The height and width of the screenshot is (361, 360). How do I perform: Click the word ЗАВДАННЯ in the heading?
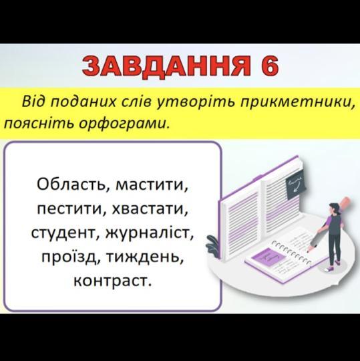click(x=166, y=67)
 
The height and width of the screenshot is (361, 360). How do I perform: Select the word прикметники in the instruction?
click(x=297, y=102)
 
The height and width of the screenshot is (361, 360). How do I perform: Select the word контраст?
click(x=113, y=281)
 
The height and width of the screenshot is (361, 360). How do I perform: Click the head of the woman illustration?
click(x=333, y=208)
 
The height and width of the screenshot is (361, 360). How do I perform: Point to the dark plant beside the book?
click(x=213, y=246)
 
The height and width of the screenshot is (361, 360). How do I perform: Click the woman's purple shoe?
click(x=330, y=269)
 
